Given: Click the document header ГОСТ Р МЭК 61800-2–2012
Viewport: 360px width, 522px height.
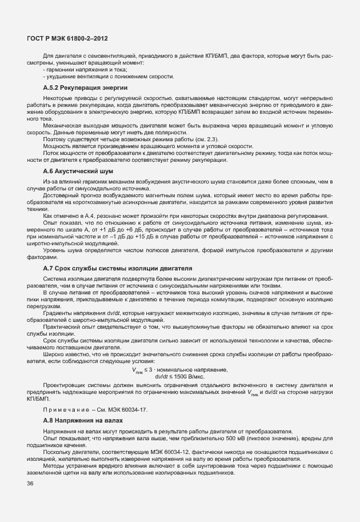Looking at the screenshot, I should pyautogui.click(x=67, y=38).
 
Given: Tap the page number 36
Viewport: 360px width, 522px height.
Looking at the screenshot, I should pyautogui.click(x=30, y=484).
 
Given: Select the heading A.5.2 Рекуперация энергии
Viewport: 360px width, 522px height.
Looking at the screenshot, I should pyautogui.click(x=85, y=87).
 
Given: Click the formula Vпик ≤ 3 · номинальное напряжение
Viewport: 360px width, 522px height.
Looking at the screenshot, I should pyautogui.click(x=180, y=370).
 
